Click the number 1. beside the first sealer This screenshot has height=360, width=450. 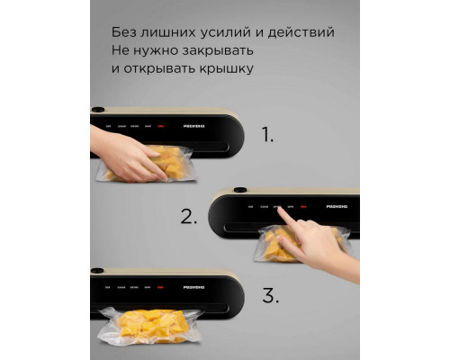(267, 136)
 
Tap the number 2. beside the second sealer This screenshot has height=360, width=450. (188, 216)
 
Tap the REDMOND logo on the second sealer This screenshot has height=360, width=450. (337, 209)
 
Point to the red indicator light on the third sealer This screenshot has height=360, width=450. (163, 288)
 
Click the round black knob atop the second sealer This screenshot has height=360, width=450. (240, 190)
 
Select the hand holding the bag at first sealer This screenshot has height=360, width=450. (126, 153)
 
